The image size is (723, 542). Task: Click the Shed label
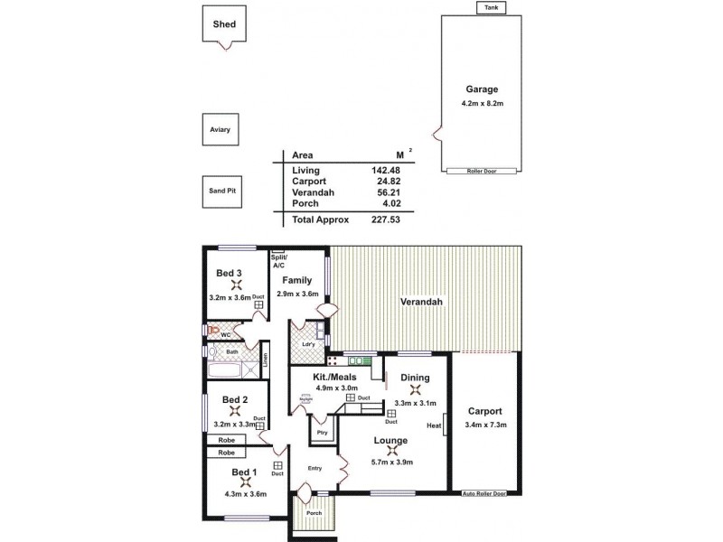(224, 24)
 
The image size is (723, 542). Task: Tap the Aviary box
(221, 130)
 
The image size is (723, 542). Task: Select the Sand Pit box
(221, 192)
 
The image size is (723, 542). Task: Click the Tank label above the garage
(492, 8)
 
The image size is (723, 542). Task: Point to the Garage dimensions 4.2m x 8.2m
(482, 104)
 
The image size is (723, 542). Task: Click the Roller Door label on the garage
(483, 171)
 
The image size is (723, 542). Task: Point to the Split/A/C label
(278, 261)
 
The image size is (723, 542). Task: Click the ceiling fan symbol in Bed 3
(228, 285)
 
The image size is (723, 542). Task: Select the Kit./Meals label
(333, 376)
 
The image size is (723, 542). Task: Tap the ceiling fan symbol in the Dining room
(415, 390)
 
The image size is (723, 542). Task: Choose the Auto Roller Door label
(484, 494)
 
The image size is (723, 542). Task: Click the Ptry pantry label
(322, 433)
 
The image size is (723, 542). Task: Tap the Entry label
(315, 468)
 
